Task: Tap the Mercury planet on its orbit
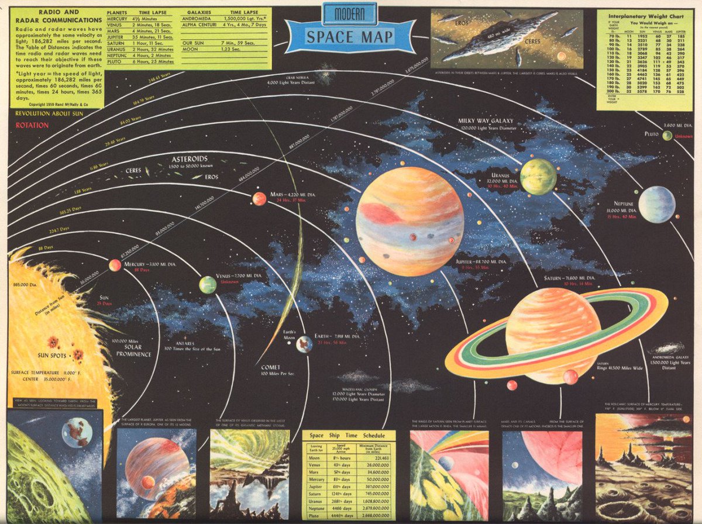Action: (115, 266)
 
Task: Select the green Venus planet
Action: (208, 285)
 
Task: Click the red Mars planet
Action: (259, 199)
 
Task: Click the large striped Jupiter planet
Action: (409, 221)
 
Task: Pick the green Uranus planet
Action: (538, 177)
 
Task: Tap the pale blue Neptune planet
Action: (656, 205)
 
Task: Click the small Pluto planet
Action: (667, 136)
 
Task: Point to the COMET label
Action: (270, 368)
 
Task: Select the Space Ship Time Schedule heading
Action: (348, 436)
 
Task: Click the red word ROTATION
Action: (32, 125)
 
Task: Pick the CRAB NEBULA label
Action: (298, 77)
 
